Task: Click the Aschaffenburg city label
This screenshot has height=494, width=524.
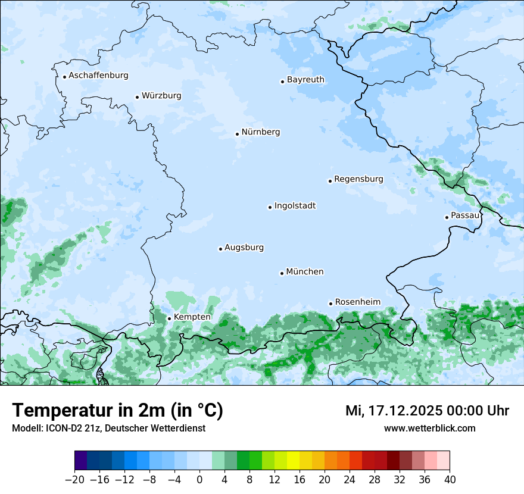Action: (98, 76)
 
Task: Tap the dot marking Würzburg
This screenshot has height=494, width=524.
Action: (137, 97)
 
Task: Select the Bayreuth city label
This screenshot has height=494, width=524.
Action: (305, 80)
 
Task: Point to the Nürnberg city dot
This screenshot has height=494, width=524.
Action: (237, 134)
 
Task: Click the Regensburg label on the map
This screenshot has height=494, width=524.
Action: (358, 179)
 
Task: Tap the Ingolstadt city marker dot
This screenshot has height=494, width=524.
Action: (270, 208)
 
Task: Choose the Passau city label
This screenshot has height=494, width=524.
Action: (465, 215)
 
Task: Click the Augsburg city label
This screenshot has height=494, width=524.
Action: (244, 248)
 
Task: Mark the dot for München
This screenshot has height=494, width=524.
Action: (282, 273)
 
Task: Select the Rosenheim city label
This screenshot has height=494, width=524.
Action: (357, 302)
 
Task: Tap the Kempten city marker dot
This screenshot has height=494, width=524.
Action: (169, 318)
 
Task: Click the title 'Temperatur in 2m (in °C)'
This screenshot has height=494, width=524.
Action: (118, 411)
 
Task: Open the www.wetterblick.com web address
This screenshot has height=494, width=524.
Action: (429, 429)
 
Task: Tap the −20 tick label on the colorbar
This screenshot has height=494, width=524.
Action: (74, 480)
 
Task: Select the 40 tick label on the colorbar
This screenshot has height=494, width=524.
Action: (450, 480)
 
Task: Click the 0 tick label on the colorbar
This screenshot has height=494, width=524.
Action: (199, 480)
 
